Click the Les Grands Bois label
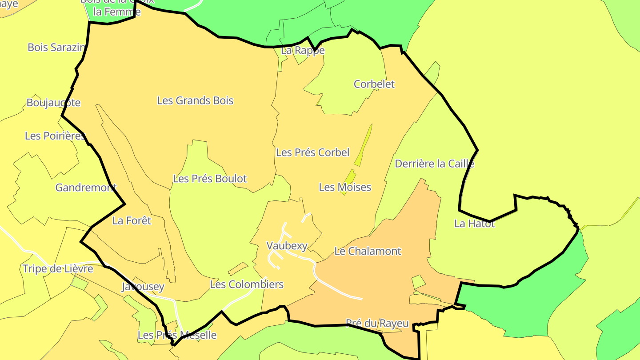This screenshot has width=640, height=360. point(195,100)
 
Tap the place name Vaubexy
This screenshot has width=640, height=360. point(287,245)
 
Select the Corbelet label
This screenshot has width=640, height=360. point(374,84)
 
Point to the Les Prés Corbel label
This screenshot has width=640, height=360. point(312,152)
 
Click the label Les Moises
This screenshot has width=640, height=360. point(345,187)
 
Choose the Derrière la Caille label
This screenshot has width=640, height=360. point(434,164)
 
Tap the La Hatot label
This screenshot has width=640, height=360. point(474,224)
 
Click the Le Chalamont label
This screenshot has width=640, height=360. point(368,251)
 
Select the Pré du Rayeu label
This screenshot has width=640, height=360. point(377,324)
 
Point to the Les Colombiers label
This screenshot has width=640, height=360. point(246,284)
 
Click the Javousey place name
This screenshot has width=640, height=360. point(143,287)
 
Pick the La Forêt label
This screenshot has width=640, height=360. point(132,220)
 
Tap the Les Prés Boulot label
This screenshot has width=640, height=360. point(209,179)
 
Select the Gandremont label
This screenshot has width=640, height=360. point(86,188)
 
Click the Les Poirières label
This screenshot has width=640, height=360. point(55,136)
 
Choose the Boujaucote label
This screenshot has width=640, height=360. point(53,103)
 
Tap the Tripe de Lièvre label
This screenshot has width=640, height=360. point(58,269)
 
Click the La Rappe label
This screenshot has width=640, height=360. point(303,51)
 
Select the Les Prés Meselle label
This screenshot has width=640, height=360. point(177,335)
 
